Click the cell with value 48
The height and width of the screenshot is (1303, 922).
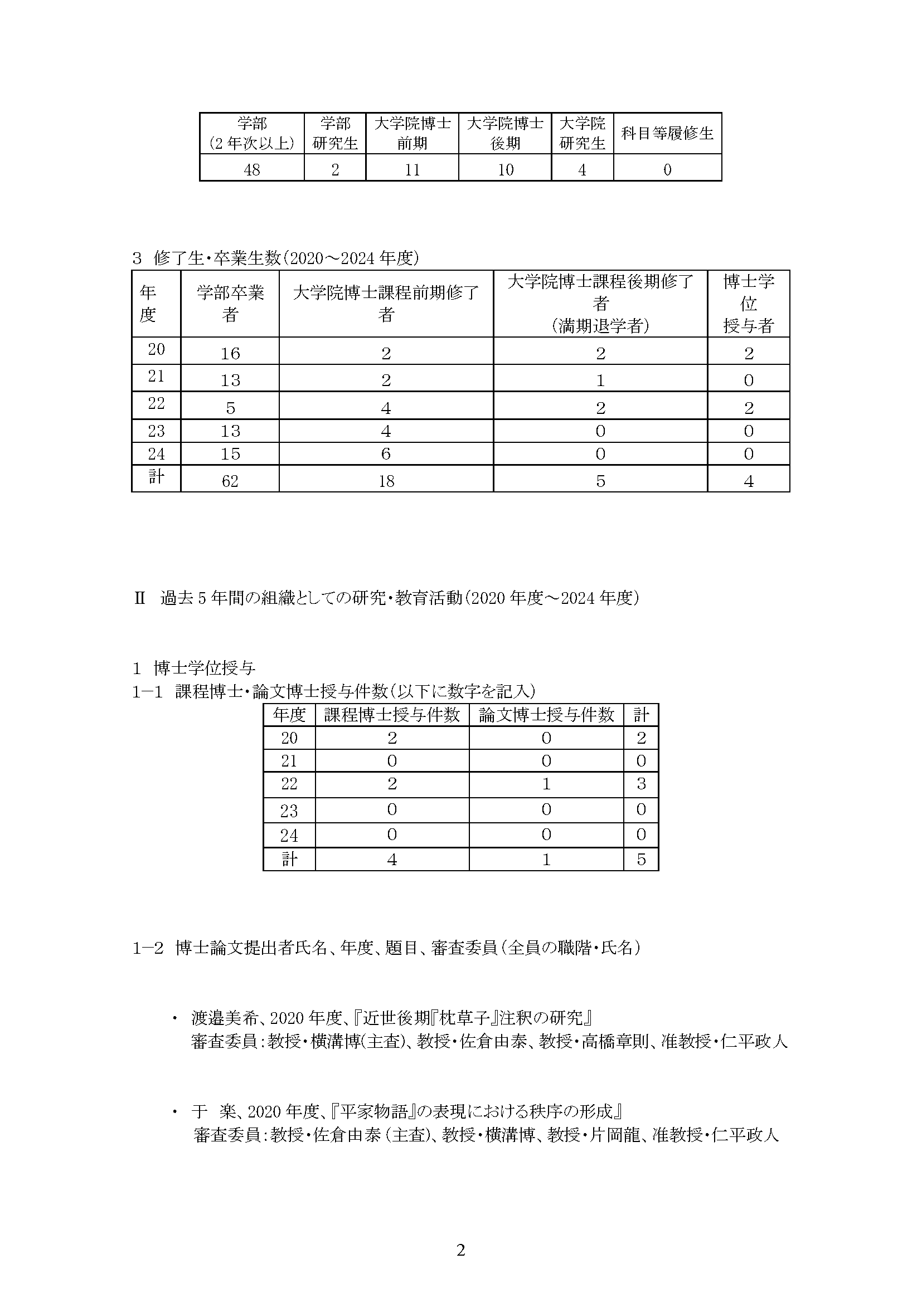click(251, 170)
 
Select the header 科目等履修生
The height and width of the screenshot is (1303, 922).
click(667, 133)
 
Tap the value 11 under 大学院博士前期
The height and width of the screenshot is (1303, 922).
click(412, 170)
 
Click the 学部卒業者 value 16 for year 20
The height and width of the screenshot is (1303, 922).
click(230, 354)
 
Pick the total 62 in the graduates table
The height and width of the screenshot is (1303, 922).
click(230, 481)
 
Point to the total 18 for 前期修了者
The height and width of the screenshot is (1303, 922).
click(386, 481)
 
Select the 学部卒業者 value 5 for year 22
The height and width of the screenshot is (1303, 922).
click(230, 408)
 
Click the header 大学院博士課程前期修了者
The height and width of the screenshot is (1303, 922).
click(386, 304)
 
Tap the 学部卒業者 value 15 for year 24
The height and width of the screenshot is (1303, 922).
click(230, 454)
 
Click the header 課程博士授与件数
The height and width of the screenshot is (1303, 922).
click(392, 715)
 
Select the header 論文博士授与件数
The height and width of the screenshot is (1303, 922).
click(546, 715)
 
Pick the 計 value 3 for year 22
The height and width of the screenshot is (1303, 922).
click(641, 784)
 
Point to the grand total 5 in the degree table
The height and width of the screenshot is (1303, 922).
click(641, 859)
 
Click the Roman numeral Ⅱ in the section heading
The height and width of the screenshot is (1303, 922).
click(140, 598)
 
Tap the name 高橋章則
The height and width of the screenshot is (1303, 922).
click(615, 1041)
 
